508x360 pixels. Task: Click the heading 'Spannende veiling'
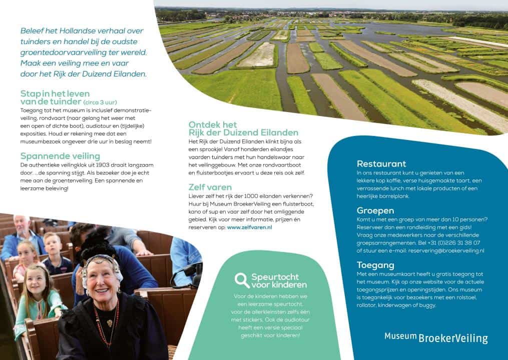click(60, 156)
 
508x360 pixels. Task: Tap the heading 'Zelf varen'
click(210, 187)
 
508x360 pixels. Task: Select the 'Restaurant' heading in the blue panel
click(381, 164)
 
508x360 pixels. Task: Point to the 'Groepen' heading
click(375, 211)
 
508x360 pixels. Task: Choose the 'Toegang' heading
click(375, 265)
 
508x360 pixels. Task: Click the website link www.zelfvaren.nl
click(250, 227)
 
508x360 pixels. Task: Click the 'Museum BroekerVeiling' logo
click(436, 337)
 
